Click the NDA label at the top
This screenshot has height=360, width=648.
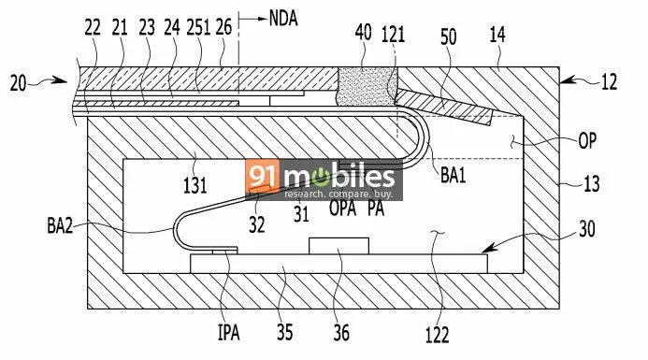coord(283,18)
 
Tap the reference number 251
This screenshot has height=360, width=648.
coord(198,27)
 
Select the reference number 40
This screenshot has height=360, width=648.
coord(363,32)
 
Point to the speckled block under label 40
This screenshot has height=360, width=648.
coord(367,86)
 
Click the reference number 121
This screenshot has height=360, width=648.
coord(393,34)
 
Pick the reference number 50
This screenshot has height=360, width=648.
coord(449,36)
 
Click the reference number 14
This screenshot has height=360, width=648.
coord(497,35)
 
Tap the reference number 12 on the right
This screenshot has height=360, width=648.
coord(609,82)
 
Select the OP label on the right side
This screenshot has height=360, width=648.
coord(587,141)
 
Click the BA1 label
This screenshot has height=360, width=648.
coord(453,175)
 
